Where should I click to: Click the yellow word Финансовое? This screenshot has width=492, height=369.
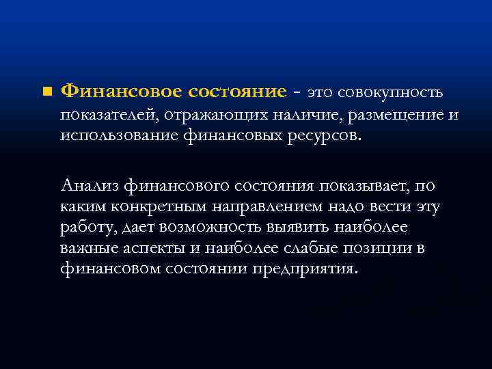tap(117, 91)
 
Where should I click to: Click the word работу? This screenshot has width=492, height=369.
tap(85, 228)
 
